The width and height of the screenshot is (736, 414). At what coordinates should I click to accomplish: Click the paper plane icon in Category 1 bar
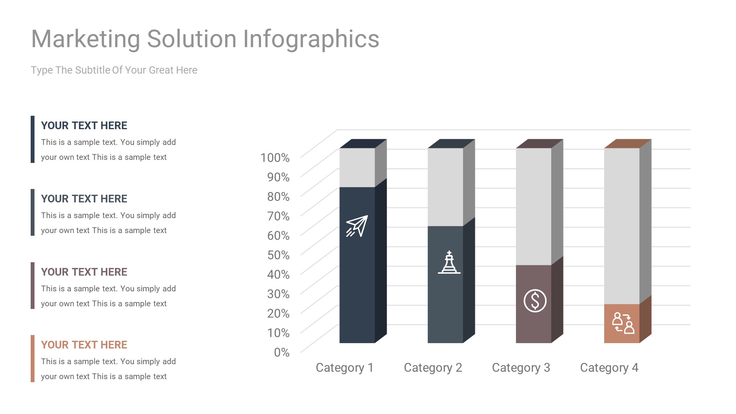tap(357, 226)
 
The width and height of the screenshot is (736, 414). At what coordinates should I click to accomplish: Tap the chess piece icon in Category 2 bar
tap(449, 263)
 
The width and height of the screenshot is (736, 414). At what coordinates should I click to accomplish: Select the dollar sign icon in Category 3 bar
tap(535, 301)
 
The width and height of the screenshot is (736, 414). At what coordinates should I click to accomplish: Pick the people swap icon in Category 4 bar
tap(623, 323)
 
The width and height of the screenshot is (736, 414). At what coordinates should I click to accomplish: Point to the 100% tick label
tap(275, 158)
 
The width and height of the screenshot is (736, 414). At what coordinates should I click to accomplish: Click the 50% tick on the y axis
tap(278, 255)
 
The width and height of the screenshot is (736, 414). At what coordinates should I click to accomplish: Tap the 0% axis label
tap(282, 352)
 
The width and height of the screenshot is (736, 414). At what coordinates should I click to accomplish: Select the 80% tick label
tap(278, 197)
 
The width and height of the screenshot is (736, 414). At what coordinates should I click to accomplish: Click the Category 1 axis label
tap(344, 368)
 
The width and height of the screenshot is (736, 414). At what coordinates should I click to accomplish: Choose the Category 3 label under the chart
tap(521, 368)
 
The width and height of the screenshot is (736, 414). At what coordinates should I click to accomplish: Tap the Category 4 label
tap(609, 368)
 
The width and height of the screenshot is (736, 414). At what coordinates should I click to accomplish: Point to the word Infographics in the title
tap(311, 39)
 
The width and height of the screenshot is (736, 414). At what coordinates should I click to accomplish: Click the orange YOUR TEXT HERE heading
tap(84, 345)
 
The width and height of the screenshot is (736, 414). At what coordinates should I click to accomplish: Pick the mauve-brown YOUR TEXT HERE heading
tap(84, 272)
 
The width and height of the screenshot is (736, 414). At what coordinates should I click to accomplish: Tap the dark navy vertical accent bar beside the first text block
tap(33, 139)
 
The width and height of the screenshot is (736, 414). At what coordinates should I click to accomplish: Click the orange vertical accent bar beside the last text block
tap(33, 358)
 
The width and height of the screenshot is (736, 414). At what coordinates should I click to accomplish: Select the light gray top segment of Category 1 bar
tap(357, 168)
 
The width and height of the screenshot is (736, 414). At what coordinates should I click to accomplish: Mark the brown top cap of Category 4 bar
tap(628, 143)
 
